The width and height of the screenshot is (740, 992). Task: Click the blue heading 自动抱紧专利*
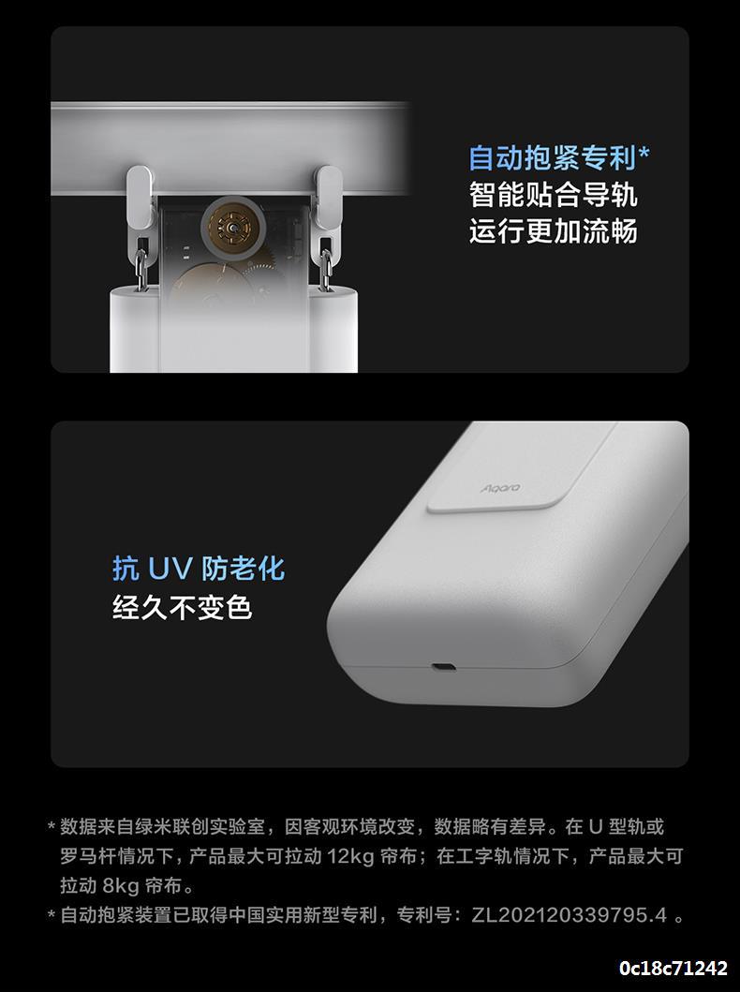pyautogui.click(x=559, y=157)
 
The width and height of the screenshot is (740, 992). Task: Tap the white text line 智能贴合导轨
pyautogui.click(x=553, y=194)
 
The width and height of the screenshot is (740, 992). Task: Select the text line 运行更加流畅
pyautogui.click(x=553, y=230)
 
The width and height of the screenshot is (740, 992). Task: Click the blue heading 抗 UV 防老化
pyautogui.click(x=199, y=569)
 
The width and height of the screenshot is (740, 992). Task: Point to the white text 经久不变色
pyautogui.click(x=183, y=607)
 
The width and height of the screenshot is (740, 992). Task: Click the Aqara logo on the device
pyautogui.click(x=500, y=488)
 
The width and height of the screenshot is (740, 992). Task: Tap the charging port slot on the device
pyautogui.click(x=443, y=668)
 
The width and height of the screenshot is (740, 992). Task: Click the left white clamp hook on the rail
pyautogui.click(x=140, y=197)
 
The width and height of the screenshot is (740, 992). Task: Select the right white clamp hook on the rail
pyautogui.click(x=328, y=197)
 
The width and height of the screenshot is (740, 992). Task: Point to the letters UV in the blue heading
pyautogui.click(x=170, y=569)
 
